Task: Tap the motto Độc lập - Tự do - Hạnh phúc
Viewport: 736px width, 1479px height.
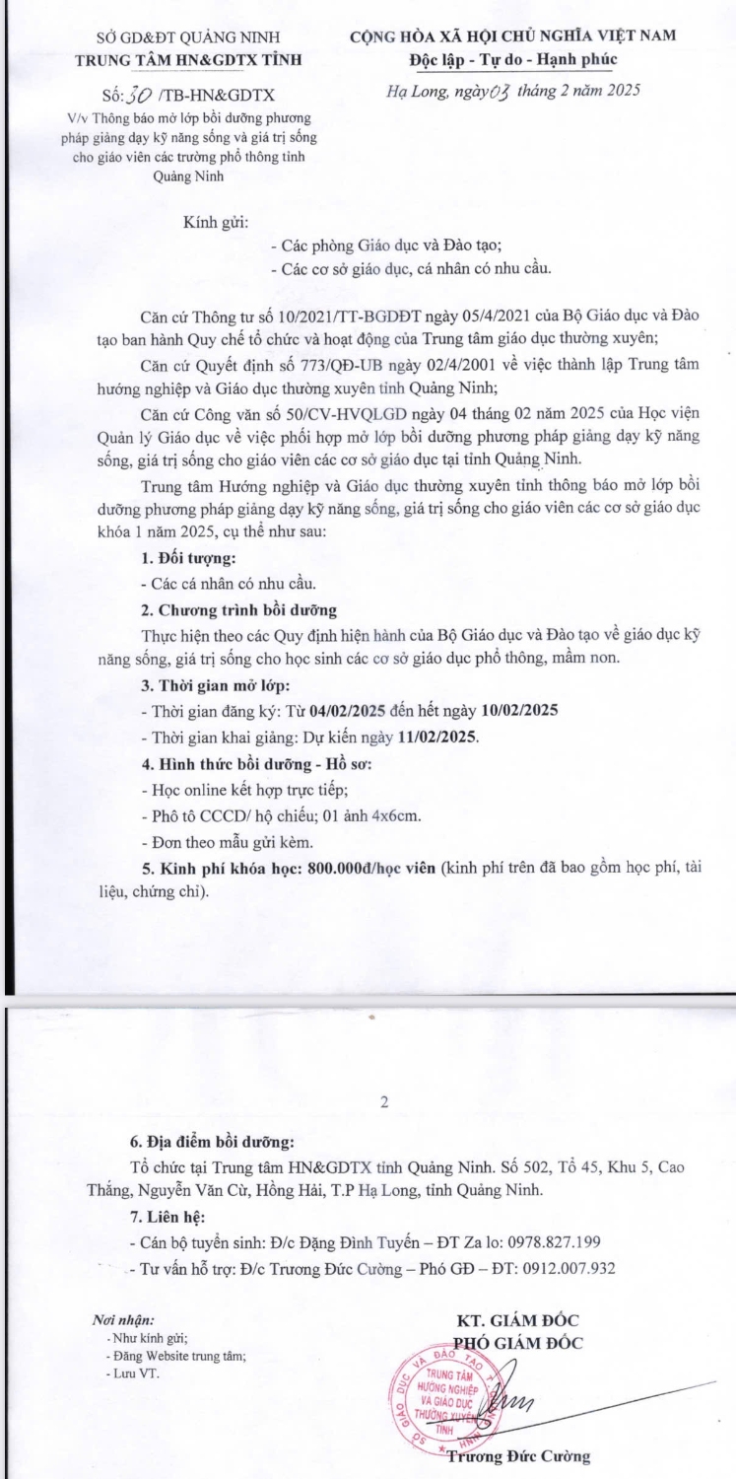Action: [513, 59]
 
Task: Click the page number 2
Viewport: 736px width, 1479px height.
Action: [384, 1101]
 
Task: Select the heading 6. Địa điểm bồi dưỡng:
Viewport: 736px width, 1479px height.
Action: [212, 1143]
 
